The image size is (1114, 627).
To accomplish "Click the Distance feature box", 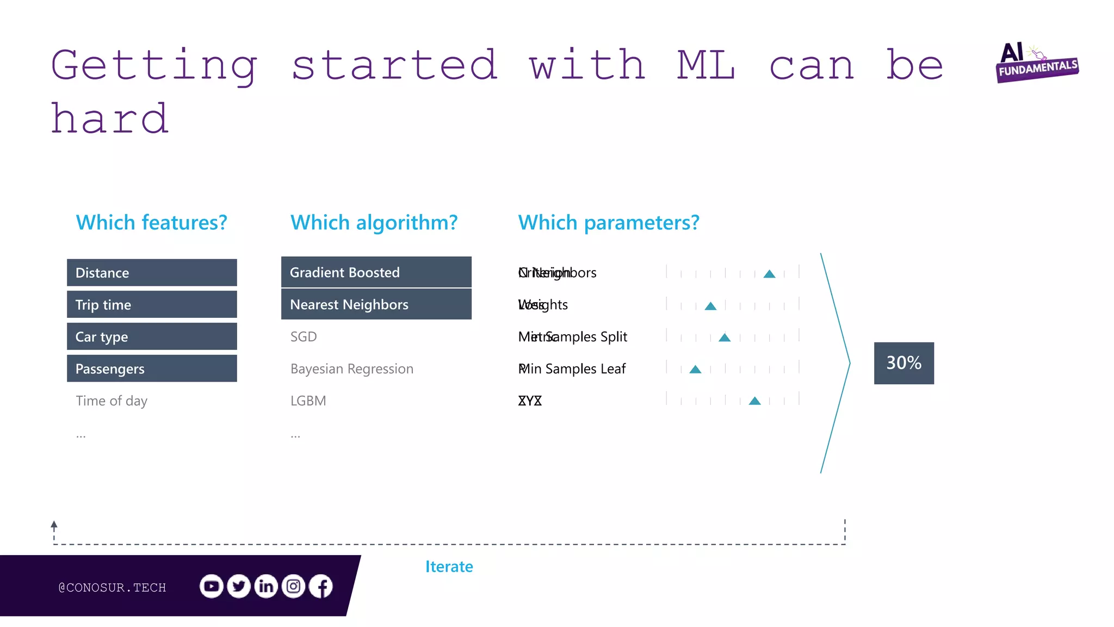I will tap(152, 273).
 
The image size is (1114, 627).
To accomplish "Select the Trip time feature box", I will tap(152, 305).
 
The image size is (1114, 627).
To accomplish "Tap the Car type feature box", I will tap(152, 337).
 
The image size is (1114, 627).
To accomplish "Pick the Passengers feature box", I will tap(152, 369).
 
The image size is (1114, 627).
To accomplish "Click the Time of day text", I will tap(112, 401).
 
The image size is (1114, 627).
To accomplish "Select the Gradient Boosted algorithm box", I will tap(376, 272).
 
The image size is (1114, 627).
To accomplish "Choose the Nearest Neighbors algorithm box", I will tap(376, 304).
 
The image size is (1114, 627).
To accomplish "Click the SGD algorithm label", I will tap(304, 337).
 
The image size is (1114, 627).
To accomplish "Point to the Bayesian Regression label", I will tap(352, 369).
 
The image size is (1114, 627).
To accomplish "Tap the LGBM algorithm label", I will tap(308, 401).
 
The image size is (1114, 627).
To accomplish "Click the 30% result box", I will tap(903, 363).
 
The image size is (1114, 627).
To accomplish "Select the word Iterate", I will tap(449, 567).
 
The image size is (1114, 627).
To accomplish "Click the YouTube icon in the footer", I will tap(211, 586).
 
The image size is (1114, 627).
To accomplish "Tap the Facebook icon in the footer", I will tap(321, 586).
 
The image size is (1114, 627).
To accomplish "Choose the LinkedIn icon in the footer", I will tap(266, 586).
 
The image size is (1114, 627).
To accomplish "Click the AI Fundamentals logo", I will tap(1036, 63).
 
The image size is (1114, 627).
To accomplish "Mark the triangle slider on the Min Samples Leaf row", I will tap(695, 370).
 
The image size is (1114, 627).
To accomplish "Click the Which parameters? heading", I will tap(608, 223).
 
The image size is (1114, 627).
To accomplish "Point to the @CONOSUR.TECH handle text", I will tap(112, 588).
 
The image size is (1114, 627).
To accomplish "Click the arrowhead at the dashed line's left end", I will tap(54, 525).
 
